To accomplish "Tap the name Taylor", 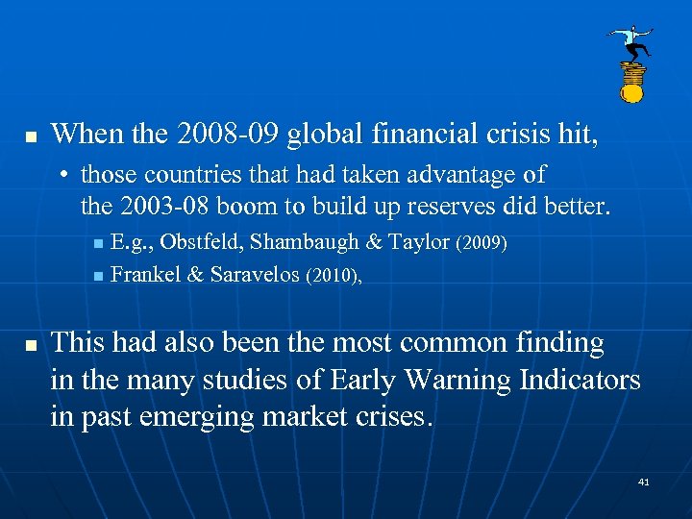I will tap(420, 244).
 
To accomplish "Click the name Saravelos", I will tap(254, 275).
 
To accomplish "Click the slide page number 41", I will tap(644, 481).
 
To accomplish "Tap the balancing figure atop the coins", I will tap(631, 41).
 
